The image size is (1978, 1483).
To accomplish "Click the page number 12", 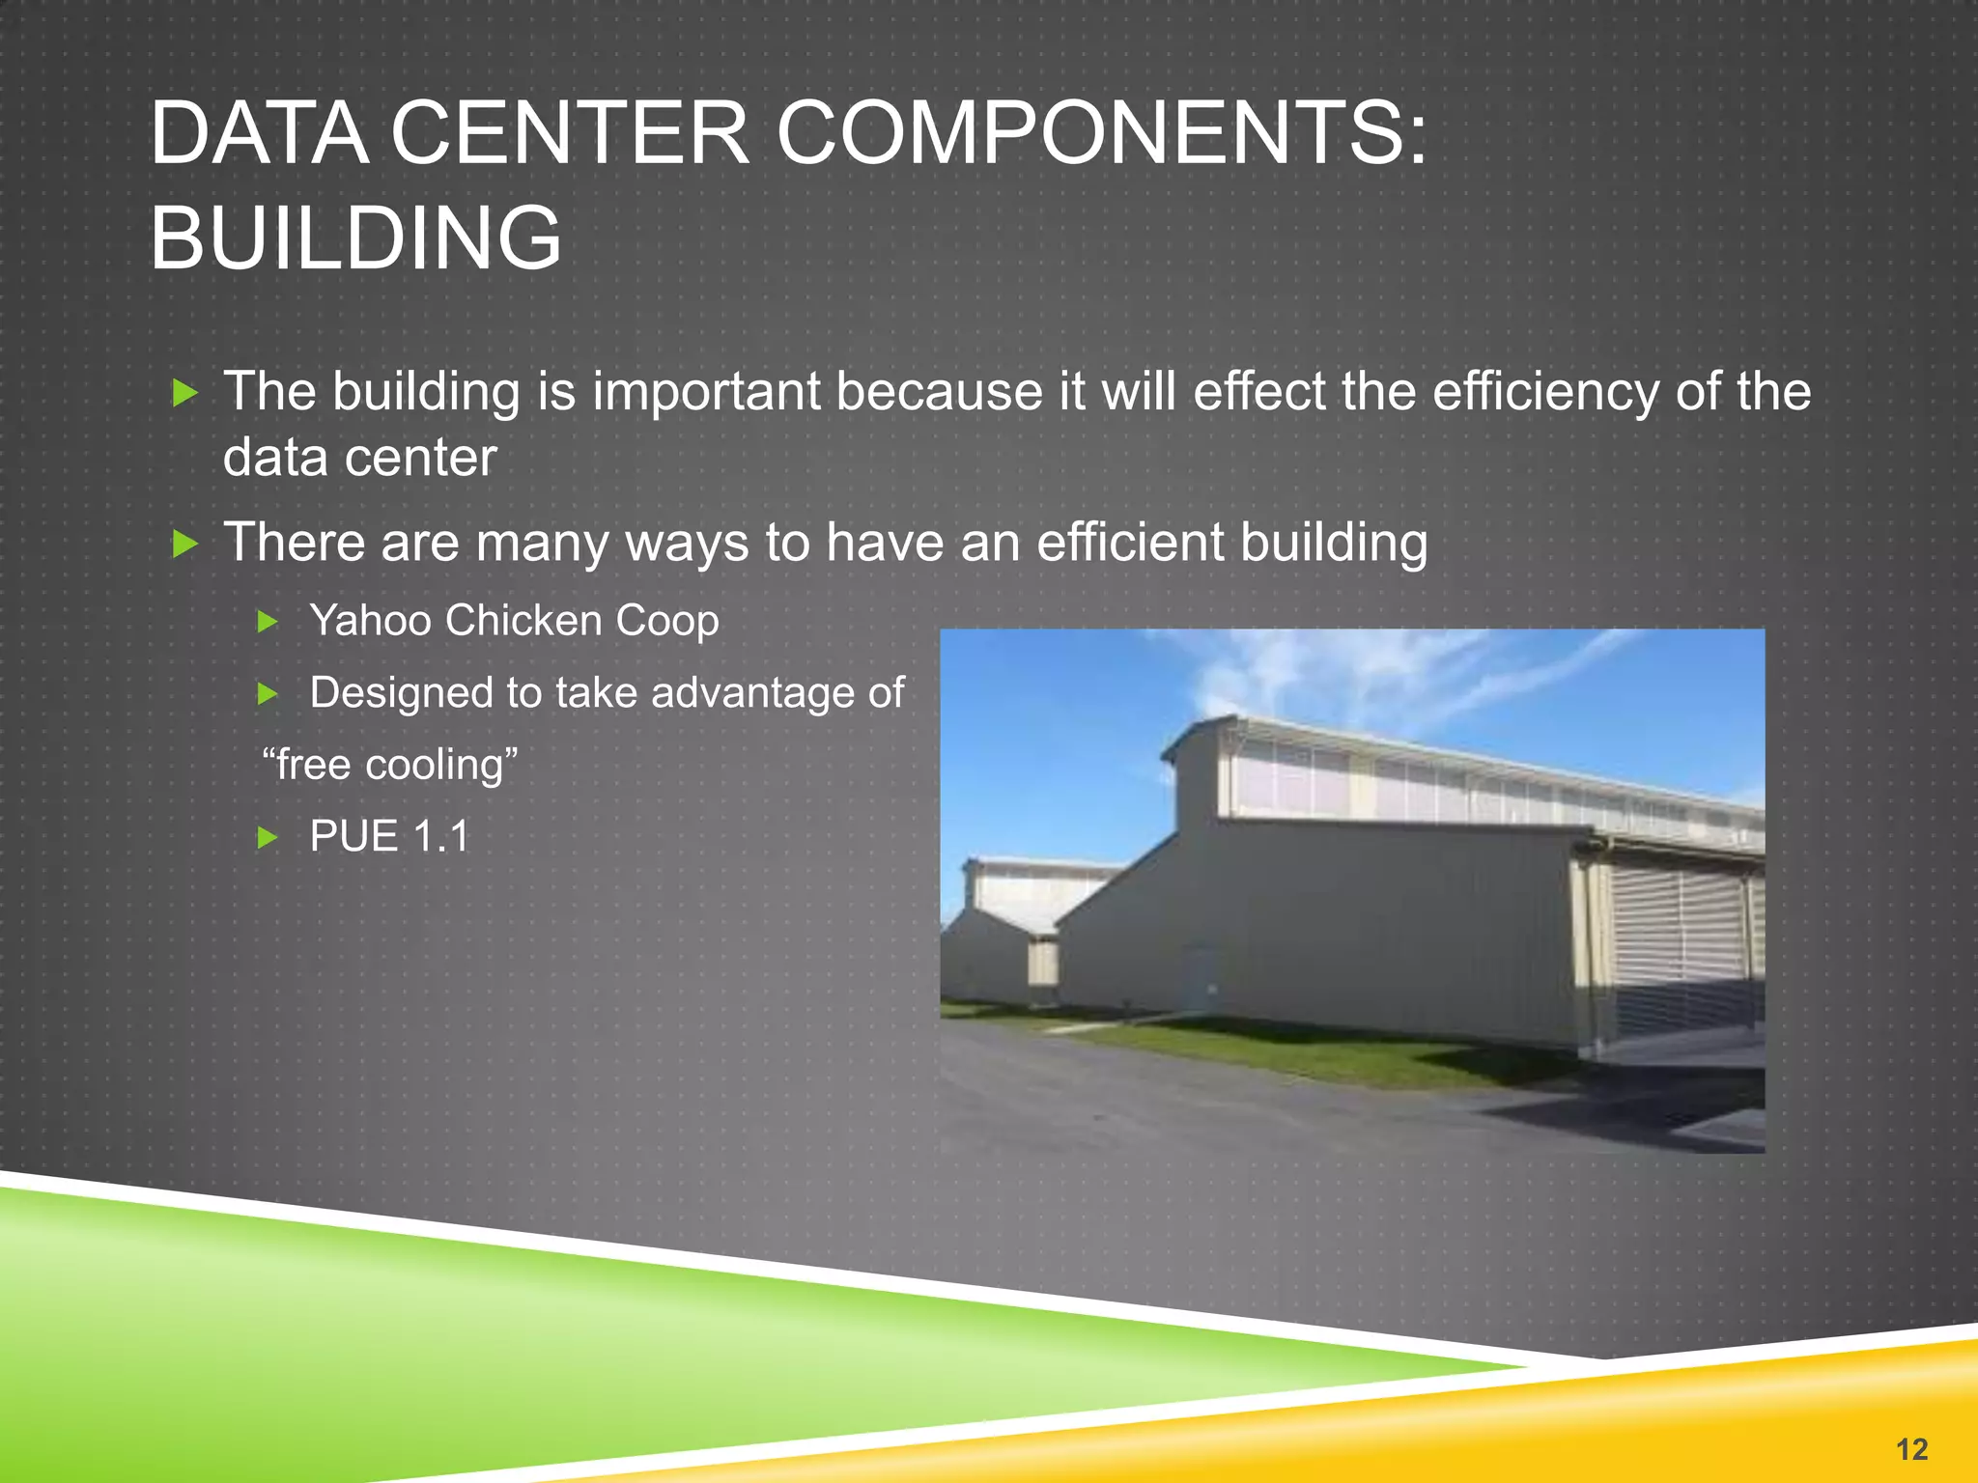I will pos(1911,1448).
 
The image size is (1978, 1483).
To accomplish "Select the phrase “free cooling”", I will pos(390,765).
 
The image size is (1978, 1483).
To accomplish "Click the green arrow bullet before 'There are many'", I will pos(184,545).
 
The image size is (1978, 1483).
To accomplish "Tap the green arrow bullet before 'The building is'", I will pos(184,393).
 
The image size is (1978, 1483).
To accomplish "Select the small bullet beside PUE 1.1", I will pos(268,837).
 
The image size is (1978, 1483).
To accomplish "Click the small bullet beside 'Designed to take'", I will pos(268,694).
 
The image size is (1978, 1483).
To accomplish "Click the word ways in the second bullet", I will pos(687,543).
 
